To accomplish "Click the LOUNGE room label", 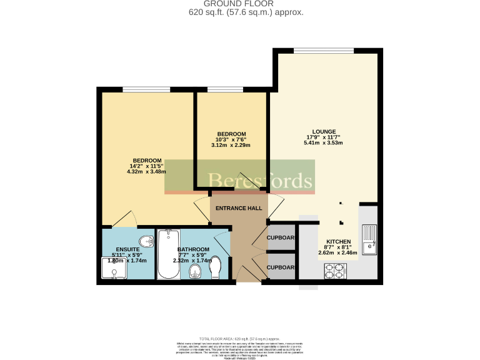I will pos(324,131).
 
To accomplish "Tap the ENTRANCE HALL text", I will pos(238,208).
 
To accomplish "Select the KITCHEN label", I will pos(338,241).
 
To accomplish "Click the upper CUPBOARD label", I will pos(281,238).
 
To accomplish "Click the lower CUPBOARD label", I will pos(281,266).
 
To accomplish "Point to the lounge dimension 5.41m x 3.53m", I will pos(324,143).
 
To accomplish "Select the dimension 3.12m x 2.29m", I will pos(231,146).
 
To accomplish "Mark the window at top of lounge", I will pos(324,51).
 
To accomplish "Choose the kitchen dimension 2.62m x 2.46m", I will pos(338,253).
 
